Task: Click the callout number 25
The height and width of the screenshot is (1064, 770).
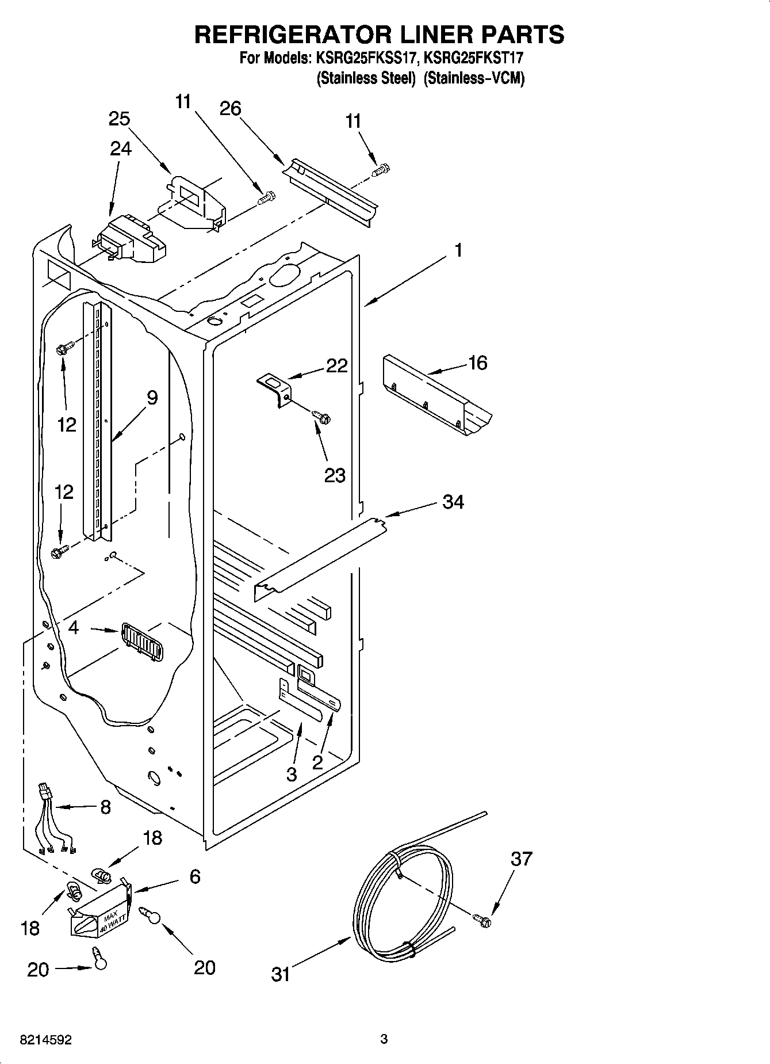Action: click(x=120, y=119)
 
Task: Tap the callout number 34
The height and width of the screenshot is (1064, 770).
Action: click(x=453, y=502)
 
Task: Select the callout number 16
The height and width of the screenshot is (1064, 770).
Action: click(x=478, y=363)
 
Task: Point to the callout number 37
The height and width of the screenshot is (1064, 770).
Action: click(x=522, y=859)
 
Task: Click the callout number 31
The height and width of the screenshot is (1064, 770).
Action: click(x=281, y=975)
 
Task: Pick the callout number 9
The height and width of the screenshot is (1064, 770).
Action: click(x=152, y=398)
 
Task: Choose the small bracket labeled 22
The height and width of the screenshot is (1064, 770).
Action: click(x=277, y=388)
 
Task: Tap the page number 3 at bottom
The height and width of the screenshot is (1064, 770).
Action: click(x=384, y=1039)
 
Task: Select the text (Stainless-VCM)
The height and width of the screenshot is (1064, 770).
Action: click(x=474, y=78)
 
